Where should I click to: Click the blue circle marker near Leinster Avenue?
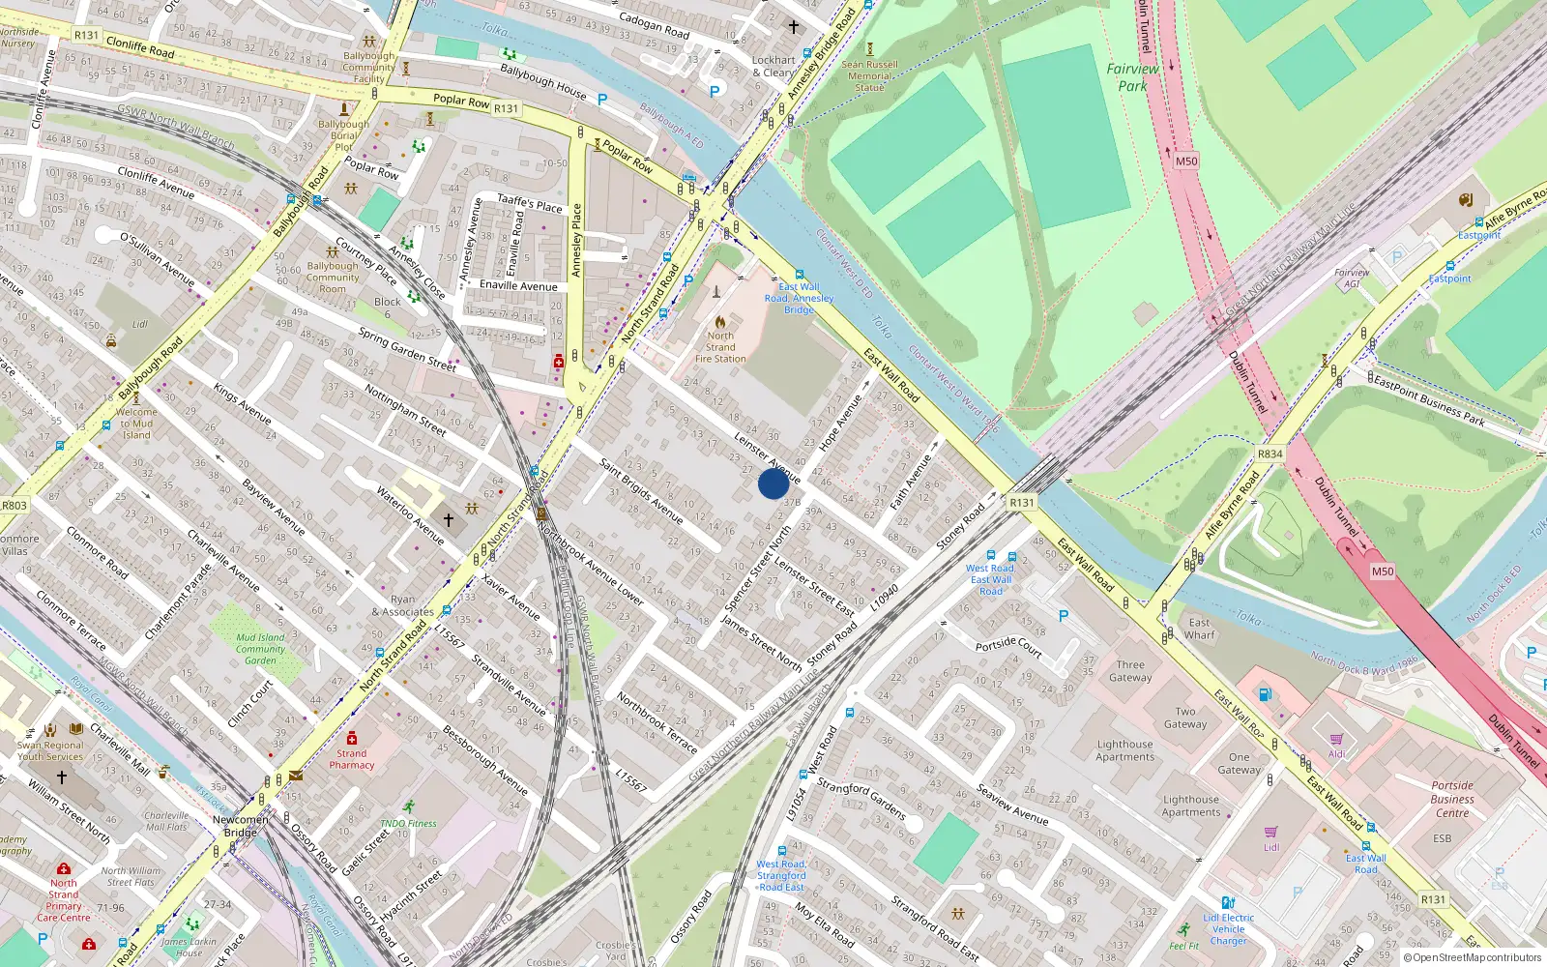click(773, 483)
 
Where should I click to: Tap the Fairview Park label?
click(1132, 77)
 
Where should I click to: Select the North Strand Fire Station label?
click(720, 347)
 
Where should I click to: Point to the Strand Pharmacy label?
click(351, 759)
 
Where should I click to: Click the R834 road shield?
click(1270, 454)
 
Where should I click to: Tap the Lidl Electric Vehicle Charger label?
click(1228, 929)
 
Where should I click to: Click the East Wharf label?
click(1199, 629)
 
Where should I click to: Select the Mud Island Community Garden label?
click(260, 649)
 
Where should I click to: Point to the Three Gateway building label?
click(1130, 671)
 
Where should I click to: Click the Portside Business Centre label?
click(1452, 799)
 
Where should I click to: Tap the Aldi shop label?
click(1336, 754)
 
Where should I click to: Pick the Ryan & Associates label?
click(403, 605)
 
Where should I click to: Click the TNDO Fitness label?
click(408, 823)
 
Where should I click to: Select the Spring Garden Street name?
click(407, 349)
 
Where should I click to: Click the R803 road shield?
click(15, 505)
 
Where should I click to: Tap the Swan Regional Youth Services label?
click(50, 750)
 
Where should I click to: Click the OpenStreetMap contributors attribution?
click(1473, 957)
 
